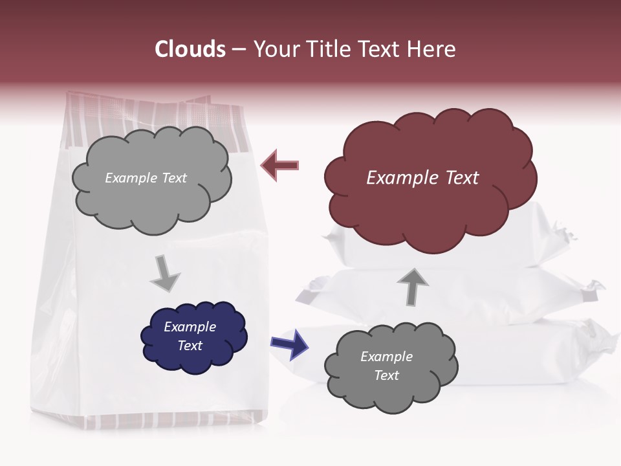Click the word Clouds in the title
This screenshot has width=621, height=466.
click(x=190, y=49)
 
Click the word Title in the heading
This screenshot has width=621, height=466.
click(x=327, y=49)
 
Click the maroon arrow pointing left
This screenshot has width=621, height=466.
click(x=280, y=166)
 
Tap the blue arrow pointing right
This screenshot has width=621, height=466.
click(x=289, y=344)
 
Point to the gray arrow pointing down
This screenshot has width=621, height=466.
click(x=165, y=272)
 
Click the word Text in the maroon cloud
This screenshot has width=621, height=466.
click(x=462, y=178)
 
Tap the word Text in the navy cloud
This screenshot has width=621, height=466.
click(x=190, y=346)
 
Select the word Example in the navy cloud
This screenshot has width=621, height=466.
click(x=190, y=327)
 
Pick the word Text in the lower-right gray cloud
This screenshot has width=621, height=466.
click(x=386, y=375)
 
